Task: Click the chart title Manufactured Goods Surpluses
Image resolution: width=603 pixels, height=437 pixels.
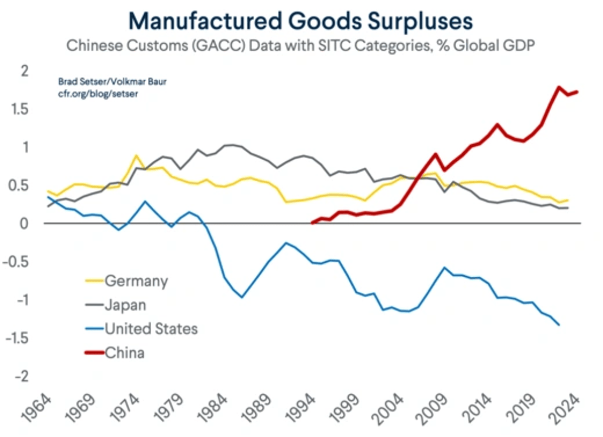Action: click(x=301, y=22)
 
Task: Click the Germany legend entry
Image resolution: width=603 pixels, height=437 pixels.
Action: click(x=136, y=281)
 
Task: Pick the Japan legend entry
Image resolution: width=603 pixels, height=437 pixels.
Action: click(x=125, y=305)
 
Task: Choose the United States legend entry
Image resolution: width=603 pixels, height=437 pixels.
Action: click(x=151, y=329)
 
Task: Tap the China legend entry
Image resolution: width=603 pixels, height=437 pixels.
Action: click(x=124, y=353)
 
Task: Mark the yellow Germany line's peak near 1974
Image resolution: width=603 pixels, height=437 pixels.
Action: click(x=136, y=156)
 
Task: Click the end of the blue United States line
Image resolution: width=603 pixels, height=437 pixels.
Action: click(x=559, y=325)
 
